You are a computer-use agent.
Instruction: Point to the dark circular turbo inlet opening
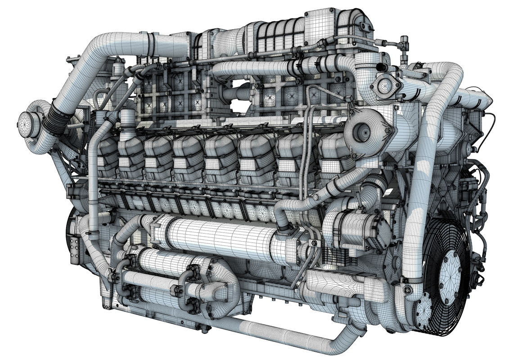[360, 131]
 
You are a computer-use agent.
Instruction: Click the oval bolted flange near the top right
[384, 86]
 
